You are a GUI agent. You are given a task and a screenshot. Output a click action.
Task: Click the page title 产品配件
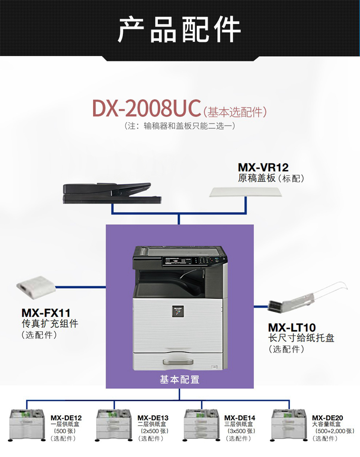pos(179,29)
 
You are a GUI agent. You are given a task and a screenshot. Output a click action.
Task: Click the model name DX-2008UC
pos(146,108)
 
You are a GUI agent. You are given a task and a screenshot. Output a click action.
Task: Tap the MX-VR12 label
pos(263,167)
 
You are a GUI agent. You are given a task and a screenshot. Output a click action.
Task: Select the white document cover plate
pos(246,192)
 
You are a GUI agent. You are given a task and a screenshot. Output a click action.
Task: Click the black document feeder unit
pos(112,193)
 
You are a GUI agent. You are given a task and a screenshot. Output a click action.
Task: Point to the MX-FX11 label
pos(46,313)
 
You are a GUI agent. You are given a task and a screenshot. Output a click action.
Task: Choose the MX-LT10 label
pos(292,327)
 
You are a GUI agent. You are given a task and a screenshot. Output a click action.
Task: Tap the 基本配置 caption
pos(180,379)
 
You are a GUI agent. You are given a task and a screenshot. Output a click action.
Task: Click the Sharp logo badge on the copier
pos(178,311)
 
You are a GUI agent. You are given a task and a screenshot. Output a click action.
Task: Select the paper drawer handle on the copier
pos(178,362)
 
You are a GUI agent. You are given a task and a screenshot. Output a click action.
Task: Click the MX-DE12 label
pos(66,418)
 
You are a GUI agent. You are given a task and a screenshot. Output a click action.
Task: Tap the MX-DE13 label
pos(153,418)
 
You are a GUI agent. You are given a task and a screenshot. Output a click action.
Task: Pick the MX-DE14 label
pos(240,418)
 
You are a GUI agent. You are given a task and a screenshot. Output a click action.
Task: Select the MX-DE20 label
pos(327,418)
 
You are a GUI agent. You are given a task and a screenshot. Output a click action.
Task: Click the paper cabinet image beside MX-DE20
pos(289,425)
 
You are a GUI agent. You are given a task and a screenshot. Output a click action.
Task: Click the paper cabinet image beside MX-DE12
pos(27,425)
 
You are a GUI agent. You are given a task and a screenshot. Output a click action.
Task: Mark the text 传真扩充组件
pos(50,324)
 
